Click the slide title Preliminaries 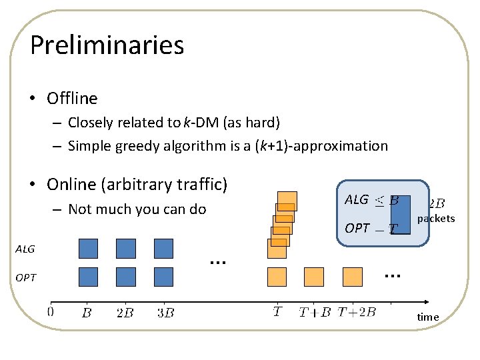click(x=107, y=45)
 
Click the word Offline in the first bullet click(x=72, y=99)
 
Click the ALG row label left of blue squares click(x=25, y=249)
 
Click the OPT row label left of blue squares click(x=25, y=277)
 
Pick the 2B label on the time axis click(x=125, y=312)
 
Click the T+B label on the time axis click(x=314, y=312)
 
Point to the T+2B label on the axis click(x=357, y=311)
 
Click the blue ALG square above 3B click(x=163, y=249)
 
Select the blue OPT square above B click(x=88, y=277)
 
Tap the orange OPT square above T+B click(x=314, y=277)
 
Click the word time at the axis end click(x=428, y=317)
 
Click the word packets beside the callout click(x=436, y=219)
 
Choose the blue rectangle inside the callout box click(x=401, y=215)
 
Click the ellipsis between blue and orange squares click(x=215, y=262)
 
